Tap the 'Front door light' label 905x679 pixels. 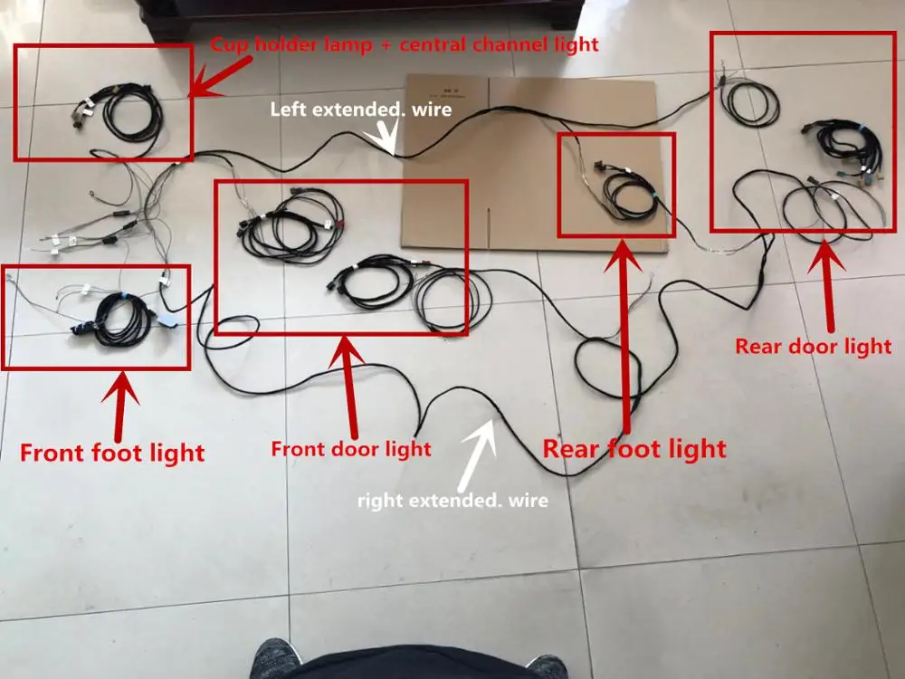click(351, 447)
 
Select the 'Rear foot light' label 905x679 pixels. click(633, 447)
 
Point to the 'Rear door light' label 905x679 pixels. click(813, 345)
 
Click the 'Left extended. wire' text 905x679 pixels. click(360, 110)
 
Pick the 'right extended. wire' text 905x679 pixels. click(452, 499)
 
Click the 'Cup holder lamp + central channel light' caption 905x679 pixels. click(405, 44)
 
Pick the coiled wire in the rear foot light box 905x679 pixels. click(624, 189)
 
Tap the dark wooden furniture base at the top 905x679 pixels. click(362, 11)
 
